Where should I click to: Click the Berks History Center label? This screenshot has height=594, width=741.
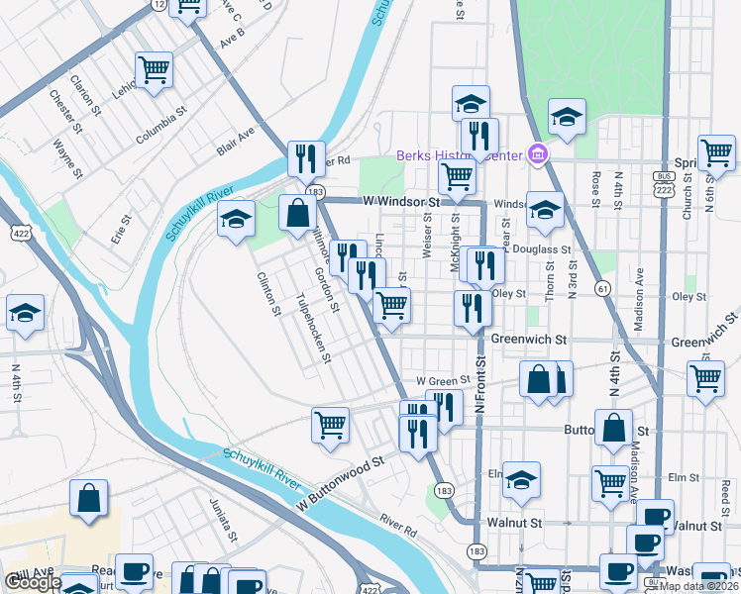pyautogui.click(x=459, y=155)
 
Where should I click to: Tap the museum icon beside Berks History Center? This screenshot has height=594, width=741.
pyautogui.click(x=538, y=153)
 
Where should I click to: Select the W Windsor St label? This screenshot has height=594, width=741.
pyautogui.click(x=400, y=201)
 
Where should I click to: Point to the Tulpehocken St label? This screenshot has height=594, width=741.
pyautogui.click(x=313, y=328)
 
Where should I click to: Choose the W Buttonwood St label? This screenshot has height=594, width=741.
pyautogui.click(x=340, y=484)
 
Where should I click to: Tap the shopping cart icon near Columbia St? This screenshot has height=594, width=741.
pyautogui.click(x=154, y=70)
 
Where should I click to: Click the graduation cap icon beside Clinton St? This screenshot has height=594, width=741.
pyautogui.click(x=237, y=219)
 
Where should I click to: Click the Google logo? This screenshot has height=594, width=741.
pyautogui.click(x=32, y=582)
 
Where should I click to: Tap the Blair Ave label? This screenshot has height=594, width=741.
pyautogui.click(x=236, y=140)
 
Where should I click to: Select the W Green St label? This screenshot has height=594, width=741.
pyautogui.click(x=442, y=380)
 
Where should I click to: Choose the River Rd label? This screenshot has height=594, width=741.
pyautogui.click(x=396, y=524)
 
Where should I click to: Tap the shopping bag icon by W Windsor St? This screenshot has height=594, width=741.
pyautogui.click(x=298, y=212)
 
